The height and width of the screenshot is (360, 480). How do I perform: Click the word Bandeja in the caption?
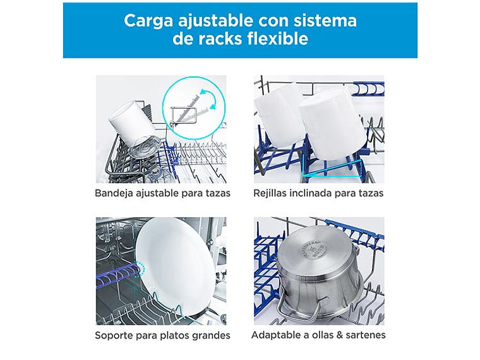click(114, 193)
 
